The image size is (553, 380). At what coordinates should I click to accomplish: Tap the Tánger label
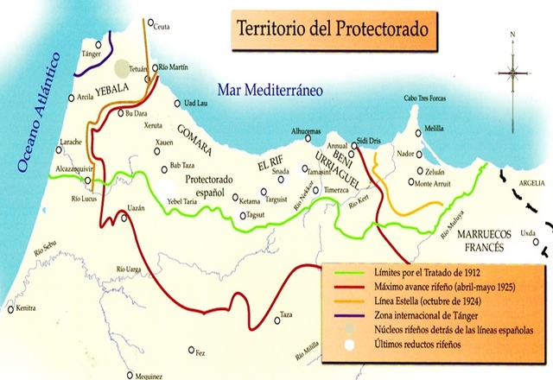(92, 54)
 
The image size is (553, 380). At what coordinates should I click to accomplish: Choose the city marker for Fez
(191, 350)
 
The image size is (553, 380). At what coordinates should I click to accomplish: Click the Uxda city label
(528, 233)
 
